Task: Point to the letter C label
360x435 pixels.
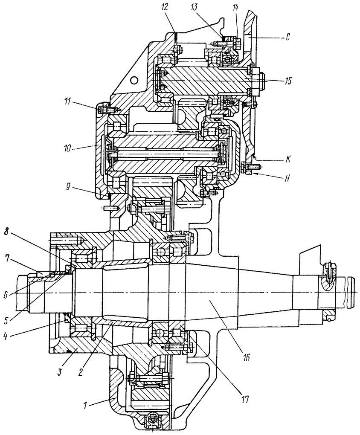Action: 288,38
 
